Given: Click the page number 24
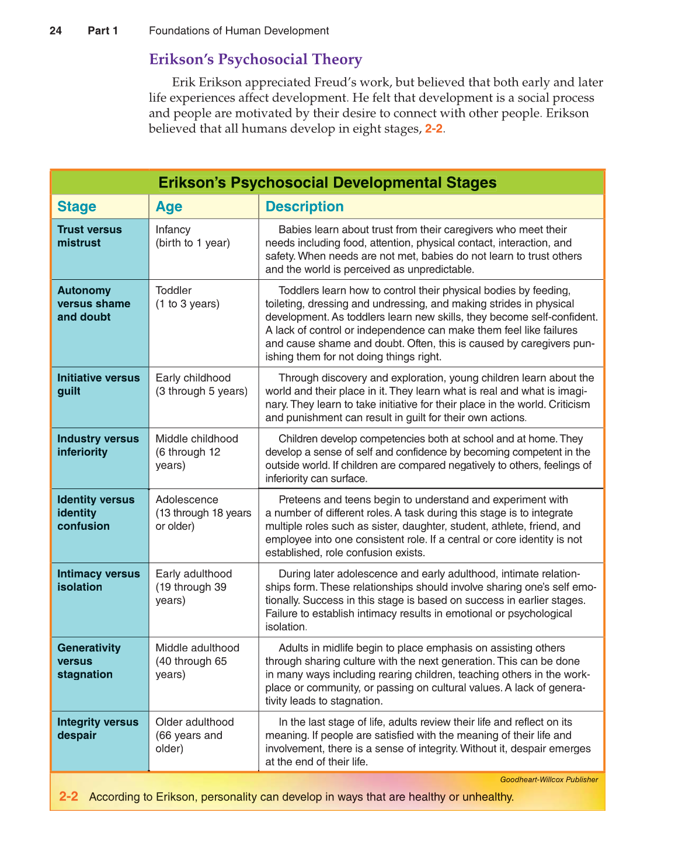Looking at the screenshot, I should [55, 31].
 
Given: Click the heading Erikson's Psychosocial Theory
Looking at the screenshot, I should [255, 60].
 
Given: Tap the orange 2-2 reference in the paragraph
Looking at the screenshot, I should [434, 129].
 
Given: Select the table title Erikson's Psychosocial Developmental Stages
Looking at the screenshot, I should [327, 183].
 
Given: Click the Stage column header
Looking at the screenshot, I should [76, 207].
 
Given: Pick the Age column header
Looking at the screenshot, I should [169, 207].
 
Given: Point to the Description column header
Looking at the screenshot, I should [304, 207].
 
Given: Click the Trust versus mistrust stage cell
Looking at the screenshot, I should [89, 237].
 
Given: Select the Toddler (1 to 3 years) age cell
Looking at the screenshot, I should [187, 297].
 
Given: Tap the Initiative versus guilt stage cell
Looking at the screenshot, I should [98, 384].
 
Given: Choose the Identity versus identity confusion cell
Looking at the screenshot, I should [95, 513].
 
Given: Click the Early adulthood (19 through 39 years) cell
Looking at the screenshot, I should [193, 587].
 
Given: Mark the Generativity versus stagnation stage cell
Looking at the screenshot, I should [89, 661].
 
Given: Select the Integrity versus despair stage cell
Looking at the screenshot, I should [98, 728].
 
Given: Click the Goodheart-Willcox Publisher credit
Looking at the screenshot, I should [549, 780].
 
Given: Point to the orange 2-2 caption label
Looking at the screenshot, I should [68, 797].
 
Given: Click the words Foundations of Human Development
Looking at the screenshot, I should [239, 31].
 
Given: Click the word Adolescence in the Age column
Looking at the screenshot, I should [187, 499].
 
